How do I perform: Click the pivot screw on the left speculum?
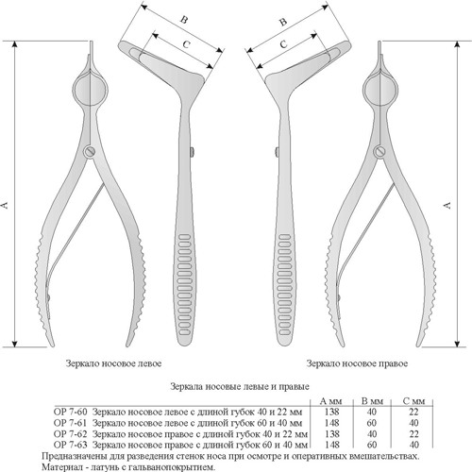(90, 152)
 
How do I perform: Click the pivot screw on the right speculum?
(380, 152)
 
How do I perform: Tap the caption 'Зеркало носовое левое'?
(113, 363)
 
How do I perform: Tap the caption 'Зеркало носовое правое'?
(357, 363)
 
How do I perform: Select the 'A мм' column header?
(330, 401)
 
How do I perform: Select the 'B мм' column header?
(372, 401)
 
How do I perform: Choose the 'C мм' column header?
(413, 401)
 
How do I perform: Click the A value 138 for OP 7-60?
(331, 412)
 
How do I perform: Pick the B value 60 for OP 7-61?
(372, 423)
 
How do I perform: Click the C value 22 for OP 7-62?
(414, 434)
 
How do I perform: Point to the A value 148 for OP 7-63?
(331, 445)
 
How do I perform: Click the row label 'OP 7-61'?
(70, 423)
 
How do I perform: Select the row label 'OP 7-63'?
(70, 445)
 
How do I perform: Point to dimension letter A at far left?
(5, 205)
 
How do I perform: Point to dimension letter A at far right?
(447, 205)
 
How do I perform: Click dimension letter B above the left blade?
(184, 20)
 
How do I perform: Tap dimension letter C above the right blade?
(283, 44)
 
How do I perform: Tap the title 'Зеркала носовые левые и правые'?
(240, 386)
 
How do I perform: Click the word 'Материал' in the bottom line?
(59, 467)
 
